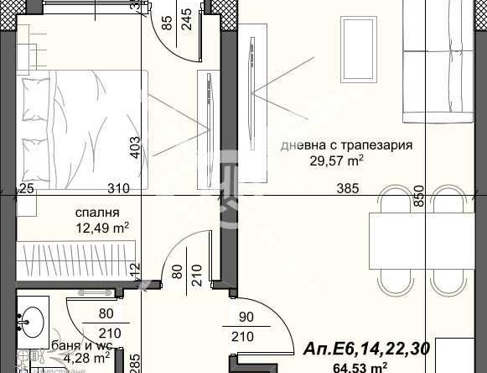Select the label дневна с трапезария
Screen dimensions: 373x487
(x=346, y=145)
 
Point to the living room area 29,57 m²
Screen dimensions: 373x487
(x=318, y=159)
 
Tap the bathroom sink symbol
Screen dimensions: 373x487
(x=33, y=318)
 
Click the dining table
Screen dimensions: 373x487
(x=417, y=252)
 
